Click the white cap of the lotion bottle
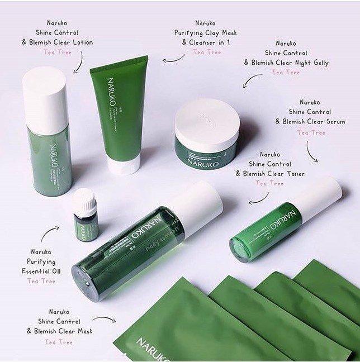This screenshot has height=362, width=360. click(44, 97)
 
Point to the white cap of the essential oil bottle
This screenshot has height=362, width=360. click(84, 199)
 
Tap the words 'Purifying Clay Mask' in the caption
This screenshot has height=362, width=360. click(206, 32)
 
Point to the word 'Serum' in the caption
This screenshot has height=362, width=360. click(334, 122)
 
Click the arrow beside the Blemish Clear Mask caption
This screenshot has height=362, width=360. click(103, 320)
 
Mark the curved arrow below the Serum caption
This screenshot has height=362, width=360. click(311, 151)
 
